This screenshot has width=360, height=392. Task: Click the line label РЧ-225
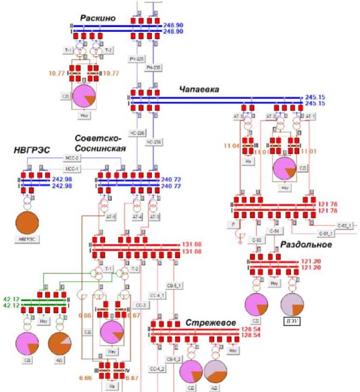(137, 58)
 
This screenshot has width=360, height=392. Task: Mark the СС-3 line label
(141, 306)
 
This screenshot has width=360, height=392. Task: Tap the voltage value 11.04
(232, 146)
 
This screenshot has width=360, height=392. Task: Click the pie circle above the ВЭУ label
(292, 304)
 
